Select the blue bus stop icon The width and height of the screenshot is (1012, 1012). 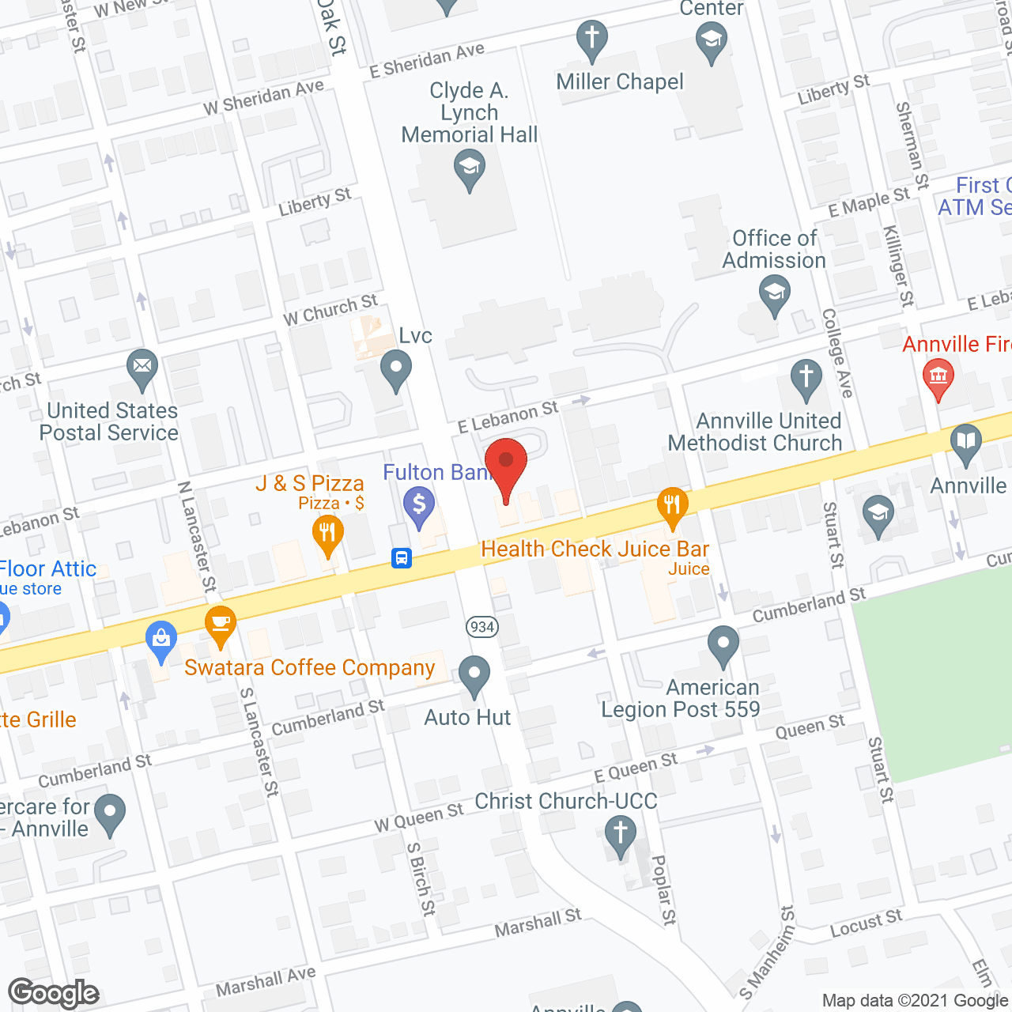pyautogui.click(x=402, y=558)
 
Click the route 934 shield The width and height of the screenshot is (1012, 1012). pyautogui.click(x=481, y=627)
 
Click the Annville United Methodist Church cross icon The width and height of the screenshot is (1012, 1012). pyautogui.click(x=806, y=378)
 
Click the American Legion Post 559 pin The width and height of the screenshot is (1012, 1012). pyautogui.click(x=723, y=645)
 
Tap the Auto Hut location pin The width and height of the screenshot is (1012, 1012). pyautogui.click(x=474, y=675)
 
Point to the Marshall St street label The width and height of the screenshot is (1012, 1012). pyautogui.click(x=538, y=923)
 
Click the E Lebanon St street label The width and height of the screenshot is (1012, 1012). pyautogui.click(x=508, y=417)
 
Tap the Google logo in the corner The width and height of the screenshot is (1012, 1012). pyautogui.click(x=54, y=993)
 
